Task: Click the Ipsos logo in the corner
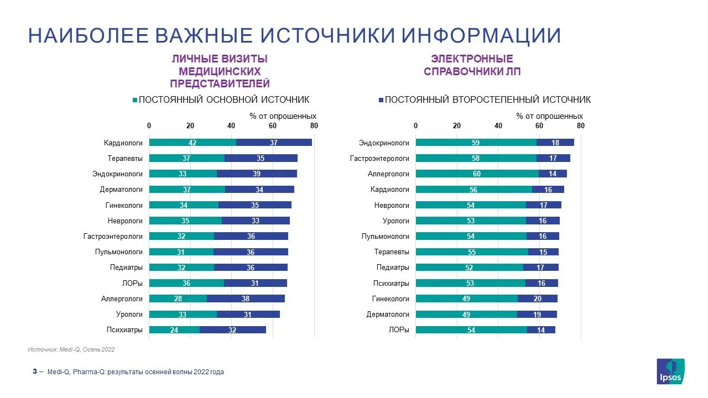tap(670, 371)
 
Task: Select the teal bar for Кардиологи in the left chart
tap(192, 143)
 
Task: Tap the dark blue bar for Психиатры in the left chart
tap(233, 330)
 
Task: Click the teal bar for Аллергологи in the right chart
tap(477, 174)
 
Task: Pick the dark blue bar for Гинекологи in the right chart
tap(537, 298)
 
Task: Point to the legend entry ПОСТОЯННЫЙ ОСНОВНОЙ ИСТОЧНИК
tap(221, 100)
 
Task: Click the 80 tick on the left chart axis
tap(314, 126)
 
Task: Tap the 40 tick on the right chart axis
tap(498, 126)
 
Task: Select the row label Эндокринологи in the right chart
tap(384, 143)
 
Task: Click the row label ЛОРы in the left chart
tap(132, 283)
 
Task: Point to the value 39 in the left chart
tap(257, 174)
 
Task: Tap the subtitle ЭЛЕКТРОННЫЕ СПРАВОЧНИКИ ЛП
tap(472, 65)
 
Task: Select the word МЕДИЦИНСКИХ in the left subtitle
tap(220, 71)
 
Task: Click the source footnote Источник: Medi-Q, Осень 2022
tap(71, 349)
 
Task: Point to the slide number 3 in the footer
tap(34, 371)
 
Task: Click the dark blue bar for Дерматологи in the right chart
tap(537, 314)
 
